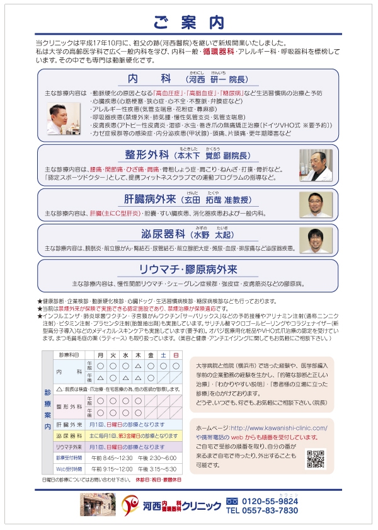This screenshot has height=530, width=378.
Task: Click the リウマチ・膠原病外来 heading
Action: click(x=188, y=269)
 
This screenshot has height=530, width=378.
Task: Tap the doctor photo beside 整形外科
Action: click(x=315, y=165)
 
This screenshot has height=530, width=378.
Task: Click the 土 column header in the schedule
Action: click(x=163, y=355)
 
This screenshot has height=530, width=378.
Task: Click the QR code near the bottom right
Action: click(x=314, y=459)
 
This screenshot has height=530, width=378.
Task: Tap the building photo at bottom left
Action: click(x=98, y=505)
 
